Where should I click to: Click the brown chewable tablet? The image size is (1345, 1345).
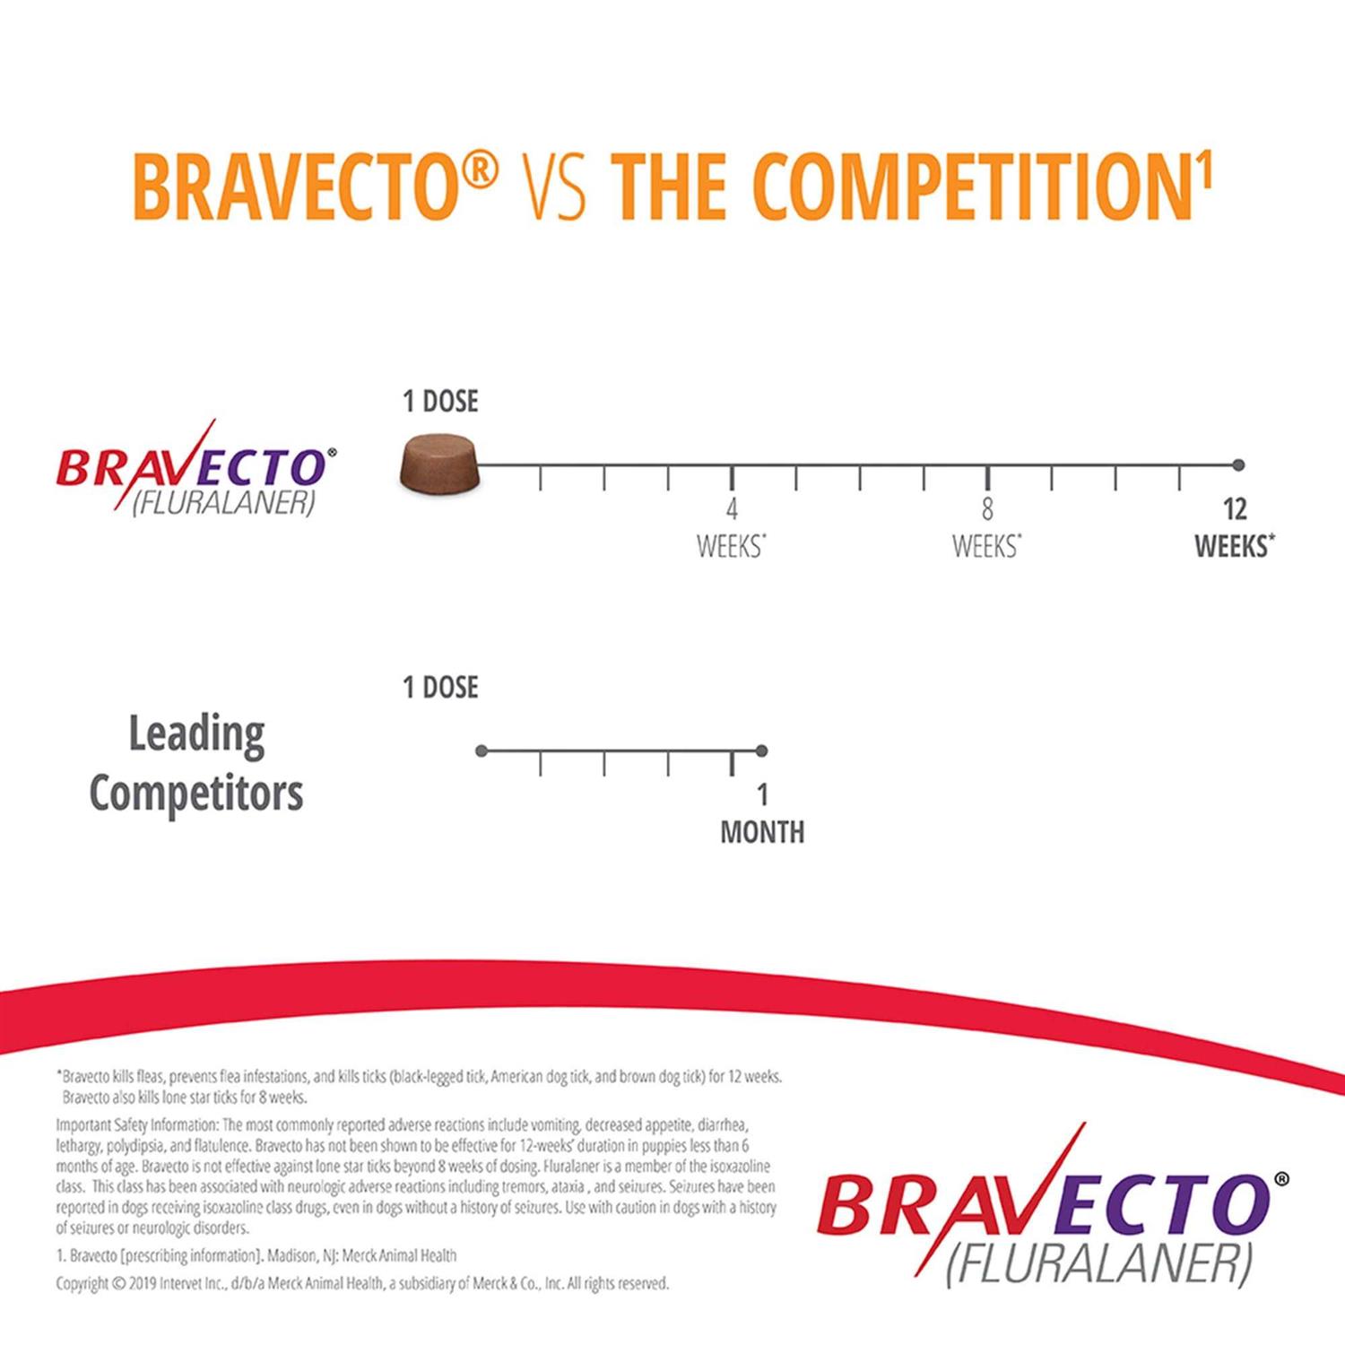pos(438,464)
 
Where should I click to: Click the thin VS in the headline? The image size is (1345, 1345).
pos(553,187)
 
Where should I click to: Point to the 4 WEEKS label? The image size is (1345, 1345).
pos(732,528)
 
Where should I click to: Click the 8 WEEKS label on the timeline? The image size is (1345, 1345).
pos(987,528)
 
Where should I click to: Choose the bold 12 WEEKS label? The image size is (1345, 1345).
pos(1235,528)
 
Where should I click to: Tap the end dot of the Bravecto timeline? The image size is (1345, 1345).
pos(1238,464)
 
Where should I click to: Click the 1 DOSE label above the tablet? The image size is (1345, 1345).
pos(440,401)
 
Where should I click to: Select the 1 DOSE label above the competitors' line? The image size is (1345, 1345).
pos(440,688)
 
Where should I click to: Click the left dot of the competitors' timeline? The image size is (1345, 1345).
pos(482,751)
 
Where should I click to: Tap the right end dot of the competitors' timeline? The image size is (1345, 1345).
pos(761,751)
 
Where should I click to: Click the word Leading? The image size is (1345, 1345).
pos(196,735)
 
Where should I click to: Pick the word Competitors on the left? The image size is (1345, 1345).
pos(196,794)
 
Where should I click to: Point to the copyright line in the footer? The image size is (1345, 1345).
pos(362,1283)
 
